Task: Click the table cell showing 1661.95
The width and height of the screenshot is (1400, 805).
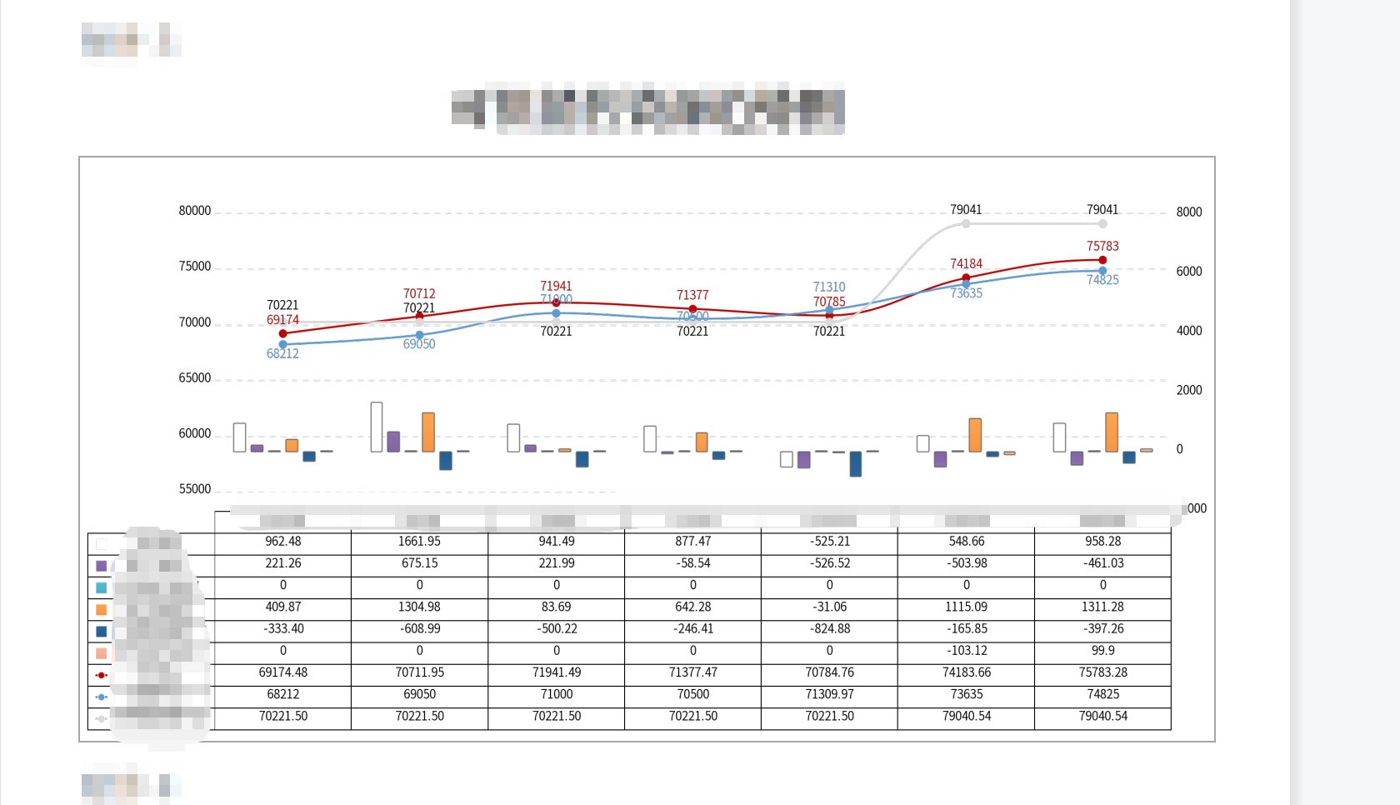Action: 419,542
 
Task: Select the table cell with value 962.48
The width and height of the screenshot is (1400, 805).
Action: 282,542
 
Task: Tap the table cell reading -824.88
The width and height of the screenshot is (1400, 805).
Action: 829,629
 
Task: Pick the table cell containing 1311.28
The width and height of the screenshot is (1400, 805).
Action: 1102,607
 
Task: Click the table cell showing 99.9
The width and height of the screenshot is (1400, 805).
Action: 1102,651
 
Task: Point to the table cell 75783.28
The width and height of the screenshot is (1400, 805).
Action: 1102,672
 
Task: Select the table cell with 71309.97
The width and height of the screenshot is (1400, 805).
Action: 829,694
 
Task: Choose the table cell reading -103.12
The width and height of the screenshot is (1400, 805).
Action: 966,651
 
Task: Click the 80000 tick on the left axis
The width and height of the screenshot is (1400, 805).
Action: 195,211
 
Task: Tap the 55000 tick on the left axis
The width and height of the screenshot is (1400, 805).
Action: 195,489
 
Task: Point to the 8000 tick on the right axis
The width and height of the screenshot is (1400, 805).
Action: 1189,212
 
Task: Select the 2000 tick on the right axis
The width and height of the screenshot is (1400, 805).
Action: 1189,390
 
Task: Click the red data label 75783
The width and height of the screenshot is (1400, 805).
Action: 1102,247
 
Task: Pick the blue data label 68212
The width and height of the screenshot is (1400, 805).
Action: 282,354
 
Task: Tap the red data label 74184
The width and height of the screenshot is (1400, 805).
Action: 966,264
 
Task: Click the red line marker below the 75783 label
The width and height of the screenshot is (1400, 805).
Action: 1102,260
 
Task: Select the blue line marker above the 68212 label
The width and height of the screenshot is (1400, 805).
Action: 282,344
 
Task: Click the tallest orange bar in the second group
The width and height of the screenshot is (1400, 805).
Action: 428,432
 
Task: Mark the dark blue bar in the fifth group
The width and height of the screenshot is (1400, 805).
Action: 856,463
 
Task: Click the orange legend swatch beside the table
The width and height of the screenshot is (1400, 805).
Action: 102,610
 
